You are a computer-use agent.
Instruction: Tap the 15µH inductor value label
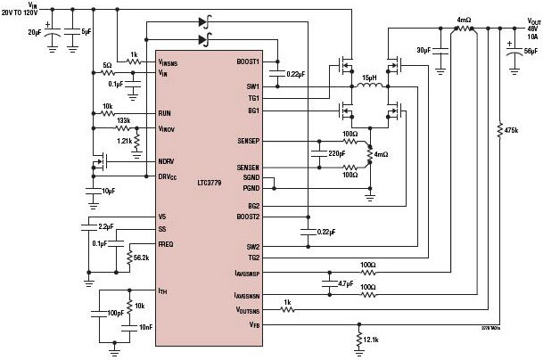coord(367,78)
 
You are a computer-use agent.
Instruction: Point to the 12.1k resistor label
coord(370,340)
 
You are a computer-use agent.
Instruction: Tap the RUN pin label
coord(164,113)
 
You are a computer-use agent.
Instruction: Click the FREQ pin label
coord(167,243)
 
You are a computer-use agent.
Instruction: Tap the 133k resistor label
coord(123,121)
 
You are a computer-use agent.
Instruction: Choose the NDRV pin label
coord(165,161)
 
